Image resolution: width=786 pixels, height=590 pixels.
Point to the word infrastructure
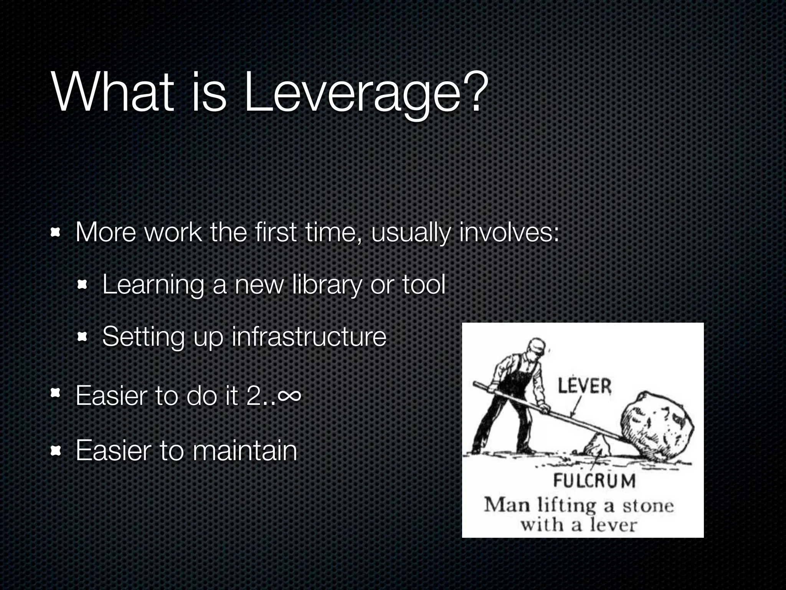pos(309,336)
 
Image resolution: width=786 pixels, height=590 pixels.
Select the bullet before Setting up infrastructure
pos(83,337)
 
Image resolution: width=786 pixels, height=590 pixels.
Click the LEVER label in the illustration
pos(584,386)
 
